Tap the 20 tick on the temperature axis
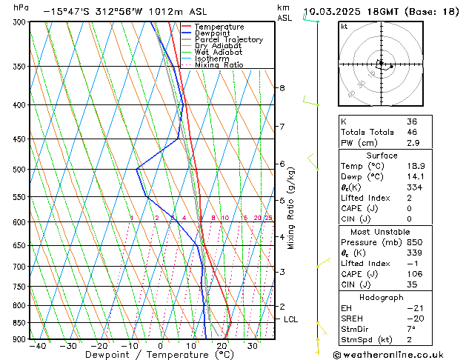click(222, 346)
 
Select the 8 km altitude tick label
click(282, 88)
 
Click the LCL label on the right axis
click(291, 319)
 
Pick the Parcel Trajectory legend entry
click(228, 40)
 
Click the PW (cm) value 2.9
click(412, 143)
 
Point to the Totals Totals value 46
click(412, 132)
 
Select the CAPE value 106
click(414, 273)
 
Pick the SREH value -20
click(414, 319)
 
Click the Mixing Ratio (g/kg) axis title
click(290, 208)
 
